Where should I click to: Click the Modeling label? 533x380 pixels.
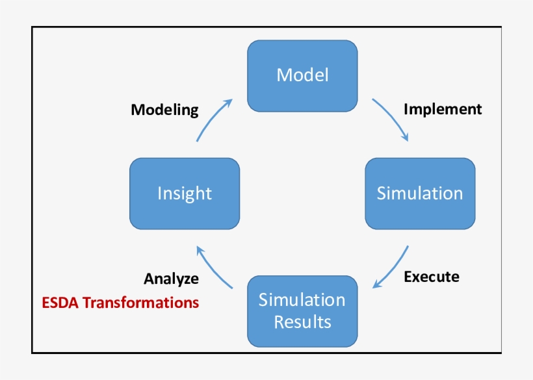(164, 110)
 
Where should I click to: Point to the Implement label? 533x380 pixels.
(443, 109)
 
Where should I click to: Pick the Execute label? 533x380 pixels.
(432, 277)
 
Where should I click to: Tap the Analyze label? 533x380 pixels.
(171, 279)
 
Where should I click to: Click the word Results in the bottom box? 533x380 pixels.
(302, 322)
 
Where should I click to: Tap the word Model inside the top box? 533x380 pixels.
(302, 75)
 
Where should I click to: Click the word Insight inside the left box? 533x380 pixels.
(185, 194)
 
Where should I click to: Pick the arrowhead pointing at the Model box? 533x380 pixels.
(229, 103)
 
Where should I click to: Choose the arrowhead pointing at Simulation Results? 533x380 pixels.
(376, 286)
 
